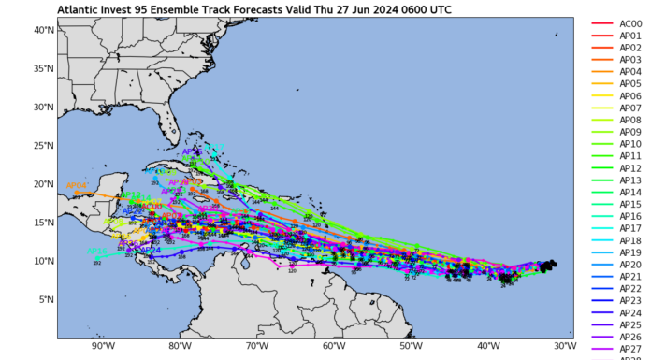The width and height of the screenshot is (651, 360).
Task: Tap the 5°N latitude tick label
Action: click(x=43, y=299)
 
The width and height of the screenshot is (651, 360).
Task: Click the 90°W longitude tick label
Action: click(x=103, y=345)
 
